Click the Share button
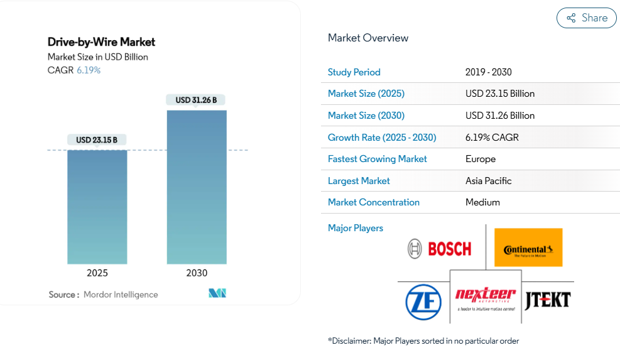point(587,18)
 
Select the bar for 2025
point(97,207)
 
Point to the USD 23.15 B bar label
point(97,139)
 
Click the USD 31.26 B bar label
point(196,100)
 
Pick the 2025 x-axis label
point(97,273)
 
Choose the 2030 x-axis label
point(197,273)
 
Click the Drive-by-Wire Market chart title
point(101,42)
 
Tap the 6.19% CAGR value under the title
point(89,70)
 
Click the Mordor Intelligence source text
point(121,294)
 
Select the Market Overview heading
point(368,38)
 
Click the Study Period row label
point(354,72)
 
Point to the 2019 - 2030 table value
point(489,72)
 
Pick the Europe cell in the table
point(481,159)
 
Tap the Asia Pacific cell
point(489,181)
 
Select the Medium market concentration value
point(482,202)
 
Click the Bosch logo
point(439,249)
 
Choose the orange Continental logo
point(528,248)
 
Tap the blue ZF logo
point(423,300)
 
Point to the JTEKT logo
point(547,299)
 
